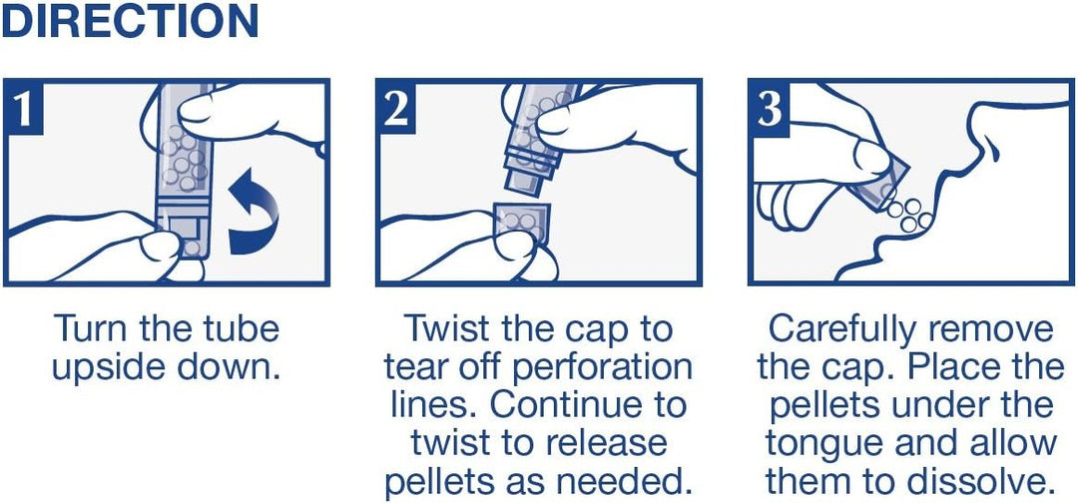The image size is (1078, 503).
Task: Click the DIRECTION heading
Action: coord(130,21)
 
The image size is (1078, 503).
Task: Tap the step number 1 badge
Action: coord(23,109)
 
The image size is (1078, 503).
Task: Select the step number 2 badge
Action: coord(396,109)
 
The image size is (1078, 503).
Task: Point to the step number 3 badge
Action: coord(769,109)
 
